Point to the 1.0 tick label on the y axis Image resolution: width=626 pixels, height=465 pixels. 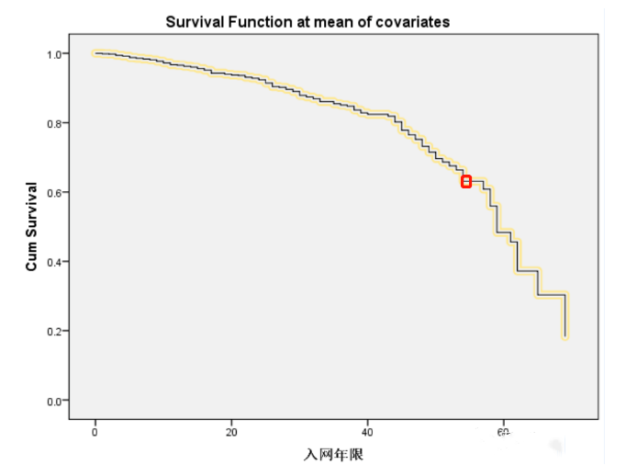[x=54, y=54]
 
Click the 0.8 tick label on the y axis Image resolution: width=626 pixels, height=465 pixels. [x=54, y=123]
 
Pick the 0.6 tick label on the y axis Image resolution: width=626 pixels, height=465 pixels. [x=54, y=192]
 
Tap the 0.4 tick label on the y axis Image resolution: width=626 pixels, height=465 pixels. [x=54, y=262]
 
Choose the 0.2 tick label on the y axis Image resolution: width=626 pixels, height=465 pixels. [x=54, y=331]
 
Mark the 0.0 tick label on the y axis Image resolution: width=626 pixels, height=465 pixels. [x=54, y=401]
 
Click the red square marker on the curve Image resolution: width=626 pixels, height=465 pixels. [x=466, y=182]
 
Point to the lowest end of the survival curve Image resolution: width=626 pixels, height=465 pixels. [x=565, y=336]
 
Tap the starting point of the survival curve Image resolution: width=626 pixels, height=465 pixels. [x=95, y=53]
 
